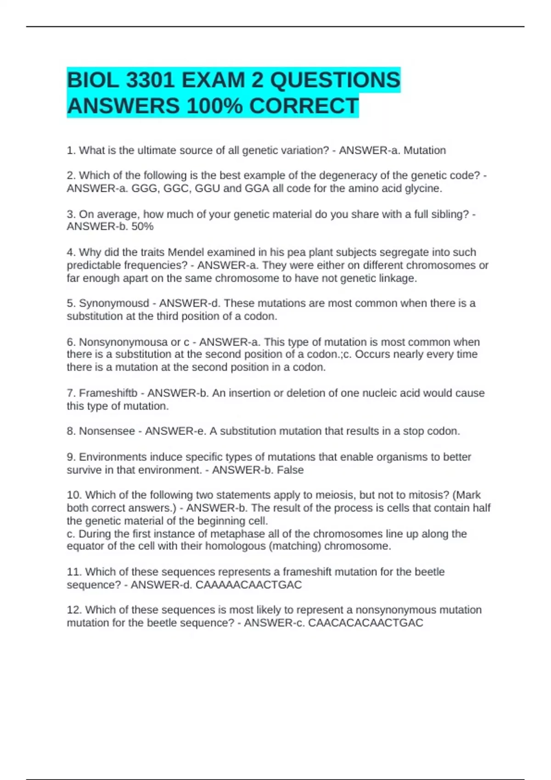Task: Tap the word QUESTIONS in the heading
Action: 335,81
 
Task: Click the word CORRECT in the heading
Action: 304,106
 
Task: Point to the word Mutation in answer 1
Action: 425,150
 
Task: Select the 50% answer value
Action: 142,227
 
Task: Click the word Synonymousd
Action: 114,303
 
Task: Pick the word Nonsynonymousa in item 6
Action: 124,342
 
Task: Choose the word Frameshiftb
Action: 108,393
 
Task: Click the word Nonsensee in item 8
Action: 107,431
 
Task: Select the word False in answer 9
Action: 290,470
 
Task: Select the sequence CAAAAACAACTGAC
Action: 249,585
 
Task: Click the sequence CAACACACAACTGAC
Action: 365,623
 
